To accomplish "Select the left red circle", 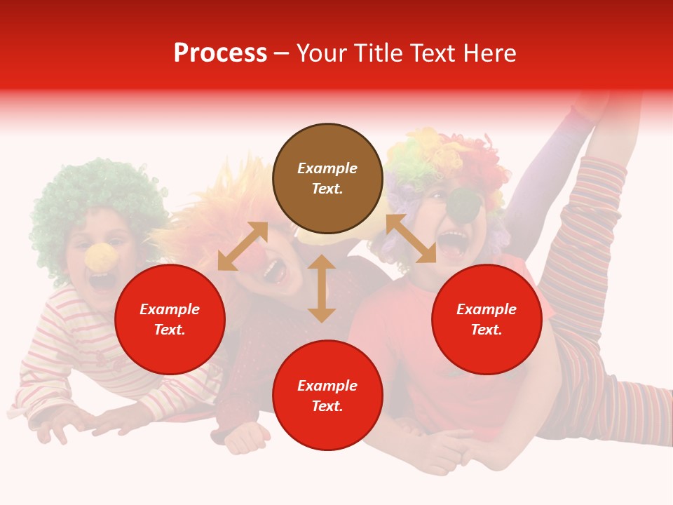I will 170,319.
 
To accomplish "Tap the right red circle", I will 487,319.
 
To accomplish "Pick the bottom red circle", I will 327,396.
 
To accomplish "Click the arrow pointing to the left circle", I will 243,246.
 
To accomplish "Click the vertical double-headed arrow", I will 322,288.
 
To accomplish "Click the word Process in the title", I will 220,53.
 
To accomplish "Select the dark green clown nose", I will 463,204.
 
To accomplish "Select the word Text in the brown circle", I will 327,189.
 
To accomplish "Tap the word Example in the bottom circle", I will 327,386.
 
